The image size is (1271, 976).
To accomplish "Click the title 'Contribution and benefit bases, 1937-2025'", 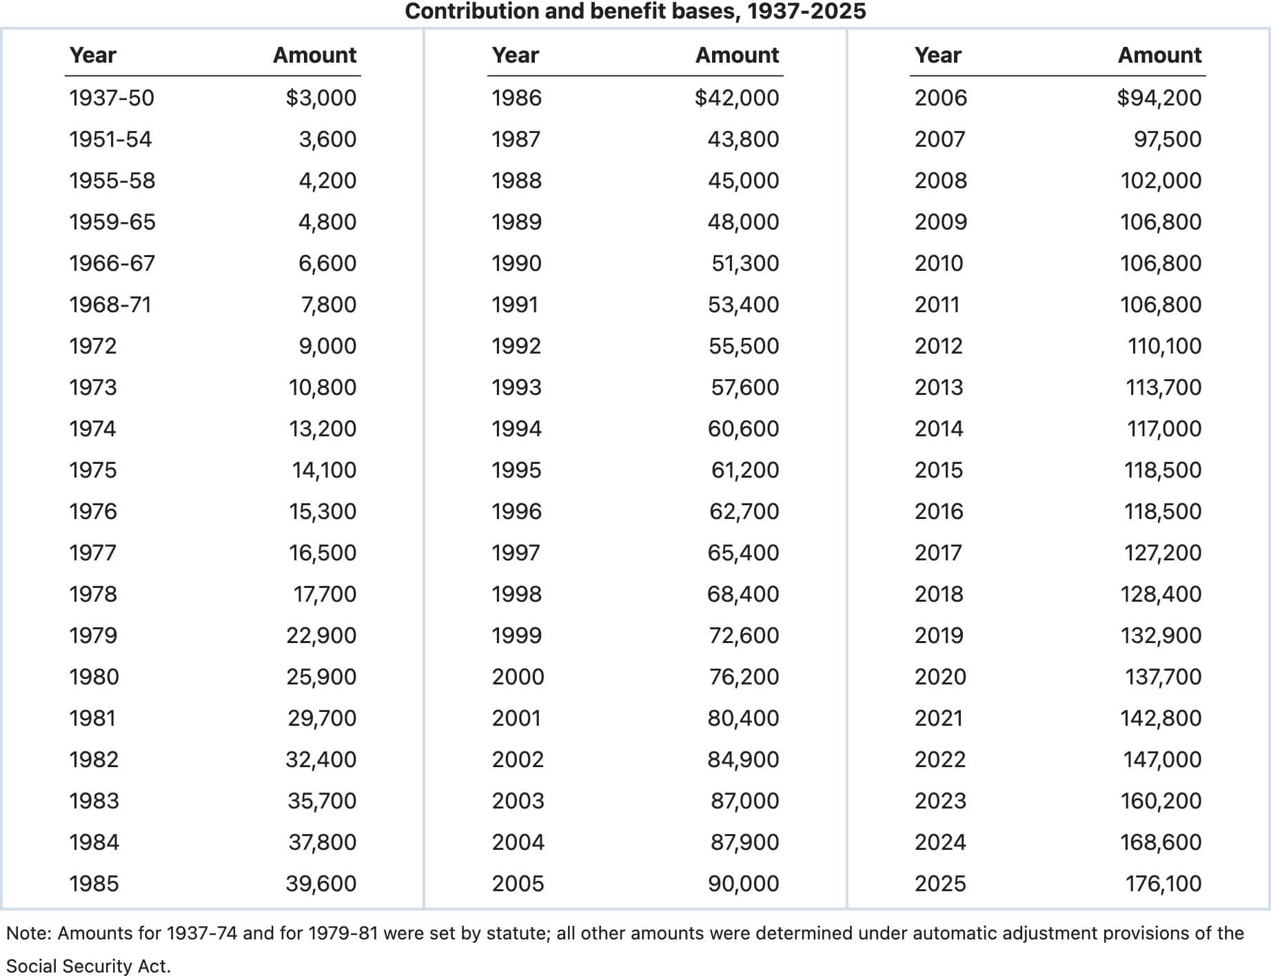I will point(635,12).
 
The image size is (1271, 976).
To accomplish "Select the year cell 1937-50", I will point(112,98).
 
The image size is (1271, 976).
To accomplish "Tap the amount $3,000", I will point(321,98).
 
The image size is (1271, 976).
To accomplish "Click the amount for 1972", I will point(327,346).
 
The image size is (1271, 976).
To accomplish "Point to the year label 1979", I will point(93,636).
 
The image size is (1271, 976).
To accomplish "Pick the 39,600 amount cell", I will point(321,884).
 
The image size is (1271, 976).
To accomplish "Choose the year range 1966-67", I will point(112,263).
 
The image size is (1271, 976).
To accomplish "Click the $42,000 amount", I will point(737,98).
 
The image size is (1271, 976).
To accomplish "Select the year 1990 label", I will point(516,263).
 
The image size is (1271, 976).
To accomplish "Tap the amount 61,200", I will point(745,470).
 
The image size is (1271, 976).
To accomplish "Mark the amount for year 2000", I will point(744,677).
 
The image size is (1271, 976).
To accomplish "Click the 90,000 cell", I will point(744,884).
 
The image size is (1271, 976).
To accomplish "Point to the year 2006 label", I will point(940,98).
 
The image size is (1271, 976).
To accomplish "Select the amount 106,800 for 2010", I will point(1161,263).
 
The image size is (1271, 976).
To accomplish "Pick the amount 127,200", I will point(1163,553).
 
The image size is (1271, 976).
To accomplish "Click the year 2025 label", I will point(940,884).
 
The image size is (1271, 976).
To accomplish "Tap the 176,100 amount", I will point(1163,884).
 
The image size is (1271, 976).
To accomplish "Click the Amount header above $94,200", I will point(1159,55).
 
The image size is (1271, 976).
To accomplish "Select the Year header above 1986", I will point(515,55).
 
